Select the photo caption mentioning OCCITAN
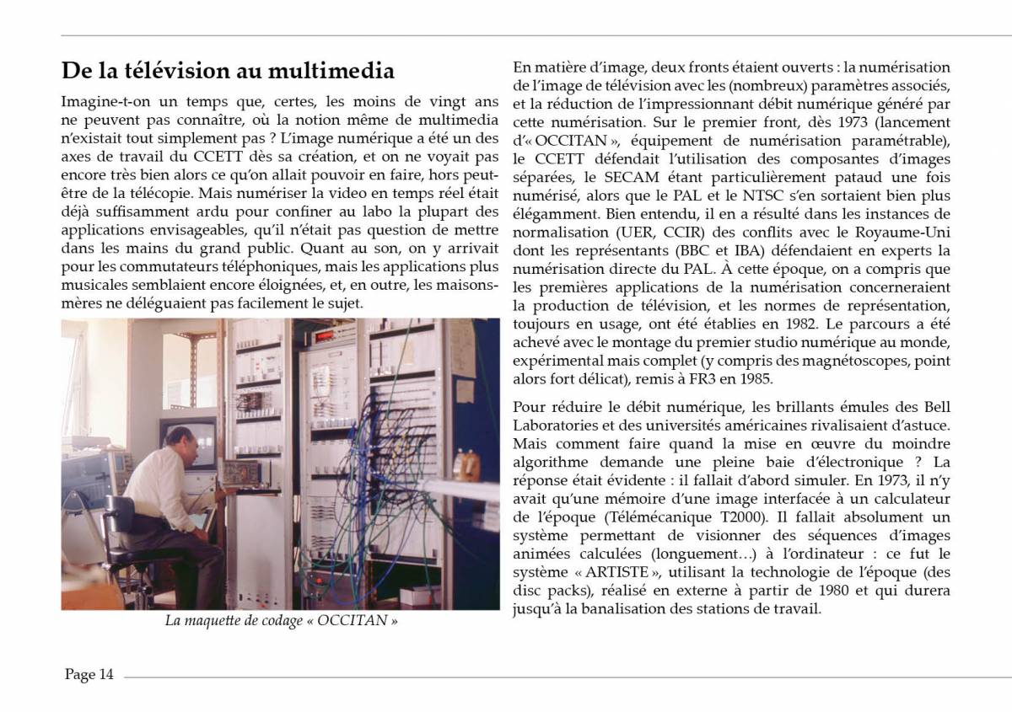pos(281,622)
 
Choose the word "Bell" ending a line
pos(939,407)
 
